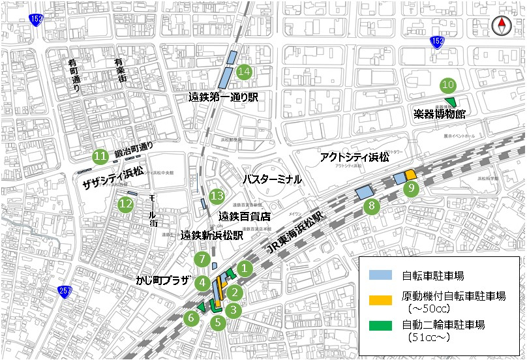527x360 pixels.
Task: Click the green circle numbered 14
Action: tap(245, 71)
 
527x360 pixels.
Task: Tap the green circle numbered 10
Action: tap(447, 84)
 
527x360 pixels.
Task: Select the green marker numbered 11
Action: tap(100, 157)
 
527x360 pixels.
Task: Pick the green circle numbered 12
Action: tap(126, 204)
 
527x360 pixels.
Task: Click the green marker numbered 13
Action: tap(217, 196)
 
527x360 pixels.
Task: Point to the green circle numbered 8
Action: tap(371, 207)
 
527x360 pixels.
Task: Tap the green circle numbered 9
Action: tap(411, 189)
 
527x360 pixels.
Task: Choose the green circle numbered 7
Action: tap(203, 260)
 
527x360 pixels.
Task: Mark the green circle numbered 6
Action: tap(191, 318)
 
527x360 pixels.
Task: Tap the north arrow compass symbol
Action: tap(502, 26)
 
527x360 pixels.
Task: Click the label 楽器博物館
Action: tap(440, 114)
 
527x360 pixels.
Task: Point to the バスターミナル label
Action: tap(272, 179)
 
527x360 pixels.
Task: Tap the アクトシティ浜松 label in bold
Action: tap(355, 158)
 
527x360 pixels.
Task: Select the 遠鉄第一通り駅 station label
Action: tap(228, 97)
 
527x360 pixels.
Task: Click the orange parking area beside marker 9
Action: tap(411, 175)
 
